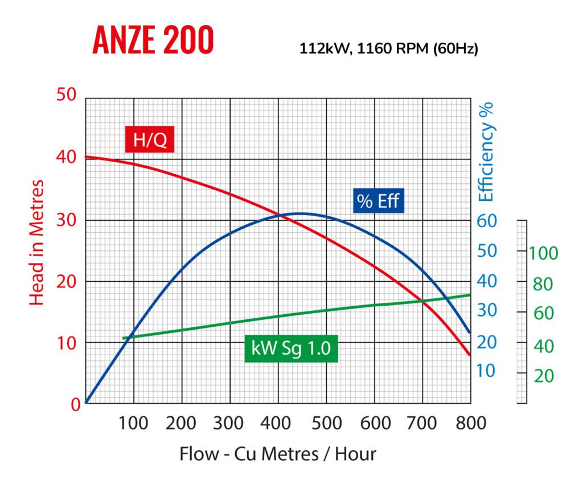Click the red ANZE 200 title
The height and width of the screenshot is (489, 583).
pos(153,40)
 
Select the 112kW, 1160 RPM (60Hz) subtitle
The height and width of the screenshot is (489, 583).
pos(389,49)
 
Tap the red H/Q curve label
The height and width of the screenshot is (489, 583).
pos(150,140)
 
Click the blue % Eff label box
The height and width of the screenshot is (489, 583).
pos(378,200)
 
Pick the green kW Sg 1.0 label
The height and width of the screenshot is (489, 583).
pos(291,348)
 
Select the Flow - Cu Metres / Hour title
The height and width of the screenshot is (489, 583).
pos(278,454)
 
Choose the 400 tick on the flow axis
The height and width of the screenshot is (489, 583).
pos(278,423)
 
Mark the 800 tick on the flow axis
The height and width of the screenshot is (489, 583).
pos(471,423)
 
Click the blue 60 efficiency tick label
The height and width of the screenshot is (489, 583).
pos(487,221)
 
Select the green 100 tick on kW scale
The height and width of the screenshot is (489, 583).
pos(543,252)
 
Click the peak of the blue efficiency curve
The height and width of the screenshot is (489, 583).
pos(301,213)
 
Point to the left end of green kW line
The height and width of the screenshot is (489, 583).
pos(124,338)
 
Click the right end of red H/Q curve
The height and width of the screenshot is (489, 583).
pos(470,355)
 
